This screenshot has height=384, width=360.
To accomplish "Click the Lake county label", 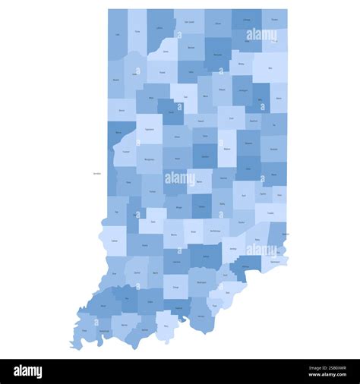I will click(x=118, y=34).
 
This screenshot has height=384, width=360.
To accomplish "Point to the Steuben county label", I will click(x=274, y=20).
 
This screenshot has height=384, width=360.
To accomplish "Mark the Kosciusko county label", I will click(x=219, y=55).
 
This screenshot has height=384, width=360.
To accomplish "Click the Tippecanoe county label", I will click(x=150, y=130).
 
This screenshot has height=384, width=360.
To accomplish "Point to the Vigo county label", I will click(x=117, y=212).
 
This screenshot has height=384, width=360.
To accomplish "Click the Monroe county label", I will click(x=175, y=235).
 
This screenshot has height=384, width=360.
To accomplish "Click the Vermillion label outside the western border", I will click(x=96, y=173).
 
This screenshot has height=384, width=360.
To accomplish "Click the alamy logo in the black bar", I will click(x=28, y=371).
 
